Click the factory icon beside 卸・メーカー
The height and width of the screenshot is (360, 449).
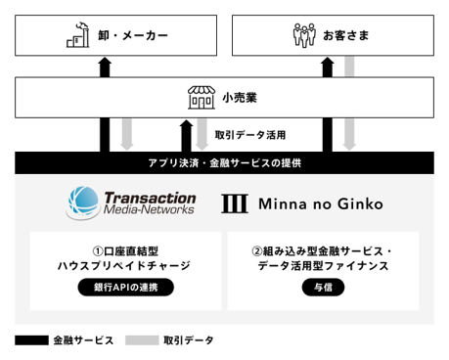[x=78, y=35]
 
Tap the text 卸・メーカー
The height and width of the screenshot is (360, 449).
[x=133, y=35]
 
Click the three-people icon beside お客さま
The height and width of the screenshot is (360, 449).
[x=304, y=35]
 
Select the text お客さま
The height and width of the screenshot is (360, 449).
[x=346, y=35]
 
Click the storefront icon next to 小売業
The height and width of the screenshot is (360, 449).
[x=202, y=97]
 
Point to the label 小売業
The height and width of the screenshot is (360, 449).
[x=240, y=98]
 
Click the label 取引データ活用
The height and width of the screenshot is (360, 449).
[x=250, y=135]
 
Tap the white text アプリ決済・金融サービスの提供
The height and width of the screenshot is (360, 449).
[x=225, y=162]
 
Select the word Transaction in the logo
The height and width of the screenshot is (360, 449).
[x=150, y=198]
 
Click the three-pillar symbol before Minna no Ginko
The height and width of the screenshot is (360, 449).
[x=235, y=203]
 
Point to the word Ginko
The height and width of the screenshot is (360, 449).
[x=360, y=203]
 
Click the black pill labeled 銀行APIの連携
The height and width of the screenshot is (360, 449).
[x=126, y=288]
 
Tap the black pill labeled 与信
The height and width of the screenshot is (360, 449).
[x=323, y=288]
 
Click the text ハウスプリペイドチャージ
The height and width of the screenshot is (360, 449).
[x=124, y=266]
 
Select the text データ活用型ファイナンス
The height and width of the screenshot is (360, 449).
[x=323, y=266]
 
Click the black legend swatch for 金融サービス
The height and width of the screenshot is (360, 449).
[x=31, y=340]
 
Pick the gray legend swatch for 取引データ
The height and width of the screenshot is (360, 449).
[x=142, y=340]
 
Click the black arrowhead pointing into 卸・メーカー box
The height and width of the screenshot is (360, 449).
[x=105, y=63]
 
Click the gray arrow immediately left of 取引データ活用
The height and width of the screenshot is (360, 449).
[x=202, y=134]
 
